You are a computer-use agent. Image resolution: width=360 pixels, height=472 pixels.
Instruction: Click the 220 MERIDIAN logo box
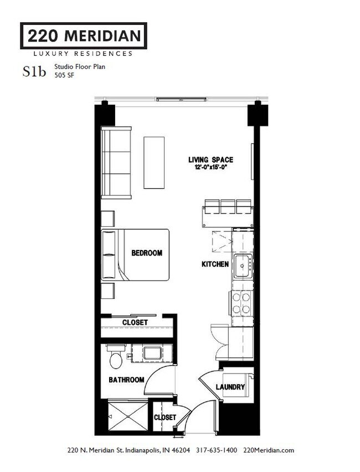click(x=84, y=35)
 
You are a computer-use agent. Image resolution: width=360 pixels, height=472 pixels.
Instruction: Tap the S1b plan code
click(x=34, y=71)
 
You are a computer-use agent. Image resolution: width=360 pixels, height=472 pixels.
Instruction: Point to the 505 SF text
click(x=64, y=75)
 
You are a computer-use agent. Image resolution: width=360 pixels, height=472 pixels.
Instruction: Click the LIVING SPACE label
click(x=211, y=159)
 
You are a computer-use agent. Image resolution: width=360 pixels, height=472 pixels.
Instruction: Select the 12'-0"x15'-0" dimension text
click(x=210, y=167)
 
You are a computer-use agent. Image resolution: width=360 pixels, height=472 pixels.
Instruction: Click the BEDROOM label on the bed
click(x=147, y=253)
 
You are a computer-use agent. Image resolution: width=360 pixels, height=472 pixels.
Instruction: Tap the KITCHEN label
click(x=215, y=264)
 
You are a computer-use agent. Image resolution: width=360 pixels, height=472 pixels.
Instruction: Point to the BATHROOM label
click(x=126, y=380)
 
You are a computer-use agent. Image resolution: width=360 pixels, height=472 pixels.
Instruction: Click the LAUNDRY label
click(x=230, y=387)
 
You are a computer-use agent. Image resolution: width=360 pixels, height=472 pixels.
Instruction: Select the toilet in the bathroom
click(x=116, y=356)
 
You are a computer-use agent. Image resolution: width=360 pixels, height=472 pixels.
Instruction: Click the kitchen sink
click(x=243, y=266)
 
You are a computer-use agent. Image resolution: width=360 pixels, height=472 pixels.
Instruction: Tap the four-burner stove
click(x=241, y=303)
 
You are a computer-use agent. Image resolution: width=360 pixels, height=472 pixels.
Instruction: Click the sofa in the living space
click(x=116, y=163)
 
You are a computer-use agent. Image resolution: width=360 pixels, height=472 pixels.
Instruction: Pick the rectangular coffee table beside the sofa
click(x=154, y=163)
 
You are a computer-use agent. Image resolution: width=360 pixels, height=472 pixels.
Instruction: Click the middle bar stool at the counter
click(x=228, y=206)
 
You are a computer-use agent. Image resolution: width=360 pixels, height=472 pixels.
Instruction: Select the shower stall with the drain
click(x=128, y=416)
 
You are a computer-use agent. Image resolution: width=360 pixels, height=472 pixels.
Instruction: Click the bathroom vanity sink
click(x=152, y=353)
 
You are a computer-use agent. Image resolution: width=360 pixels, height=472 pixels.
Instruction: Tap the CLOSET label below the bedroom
click(x=135, y=323)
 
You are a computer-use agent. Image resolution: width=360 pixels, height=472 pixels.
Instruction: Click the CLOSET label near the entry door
click(x=165, y=418)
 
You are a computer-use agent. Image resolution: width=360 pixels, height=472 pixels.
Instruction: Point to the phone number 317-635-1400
click(x=217, y=450)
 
